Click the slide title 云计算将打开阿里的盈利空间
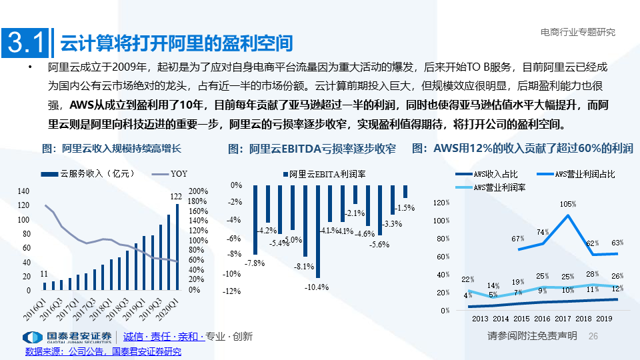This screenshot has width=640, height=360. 177,43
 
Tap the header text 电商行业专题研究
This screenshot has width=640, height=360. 577,31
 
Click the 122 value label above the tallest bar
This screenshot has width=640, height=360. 177,196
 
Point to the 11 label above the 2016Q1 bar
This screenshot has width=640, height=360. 44,273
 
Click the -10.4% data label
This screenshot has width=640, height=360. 317,287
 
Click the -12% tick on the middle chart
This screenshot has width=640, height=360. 232,291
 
